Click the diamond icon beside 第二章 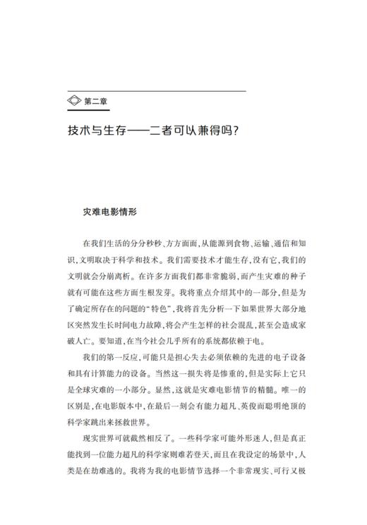click(74, 102)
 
